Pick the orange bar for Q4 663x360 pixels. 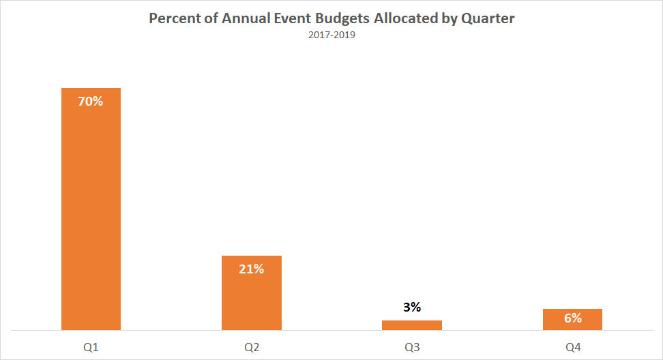[x=572, y=320]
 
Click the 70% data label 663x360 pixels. [x=91, y=102]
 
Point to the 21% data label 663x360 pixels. [x=251, y=269]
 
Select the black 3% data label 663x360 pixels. [x=411, y=307]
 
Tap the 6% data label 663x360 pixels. [x=572, y=318]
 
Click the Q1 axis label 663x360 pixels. [x=91, y=348]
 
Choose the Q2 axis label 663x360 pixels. [x=251, y=348]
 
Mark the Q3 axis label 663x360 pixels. [x=411, y=348]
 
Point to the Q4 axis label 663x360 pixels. [x=572, y=348]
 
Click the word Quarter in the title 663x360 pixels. [x=489, y=18]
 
